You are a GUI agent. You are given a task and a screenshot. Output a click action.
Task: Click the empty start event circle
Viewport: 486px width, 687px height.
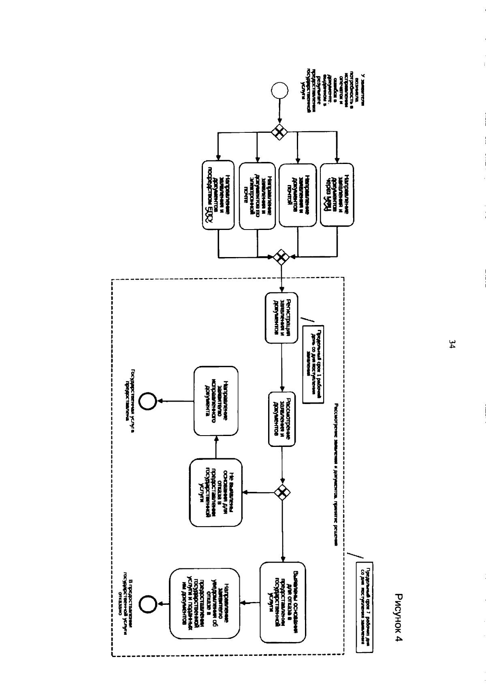pyautogui.click(x=279, y=89)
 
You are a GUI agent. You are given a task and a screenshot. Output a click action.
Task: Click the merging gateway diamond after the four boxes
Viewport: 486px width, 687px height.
pyautogui.click(x=281, y=257)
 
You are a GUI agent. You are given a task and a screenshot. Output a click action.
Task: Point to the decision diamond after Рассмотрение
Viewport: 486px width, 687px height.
pyautogui.click(x=282, y=492)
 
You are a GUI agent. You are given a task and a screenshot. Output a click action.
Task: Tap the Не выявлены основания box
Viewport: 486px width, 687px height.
pyautogui.click(x=216, y=492)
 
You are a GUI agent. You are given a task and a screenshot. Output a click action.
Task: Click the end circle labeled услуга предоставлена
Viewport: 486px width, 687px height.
pyautogui.click(x=147, y=401)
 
